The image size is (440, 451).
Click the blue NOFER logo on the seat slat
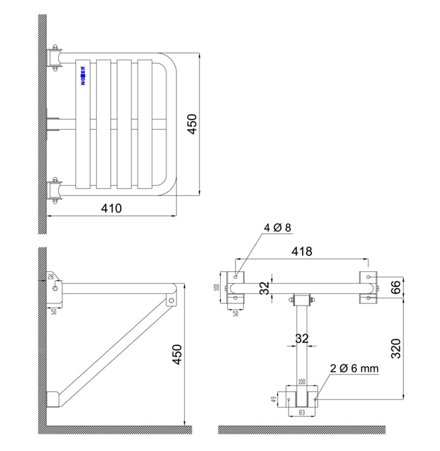point(83,76)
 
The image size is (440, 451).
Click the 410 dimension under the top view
point(111,208)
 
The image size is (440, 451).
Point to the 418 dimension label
point(302,251)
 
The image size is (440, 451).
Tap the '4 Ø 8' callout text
point(277,228)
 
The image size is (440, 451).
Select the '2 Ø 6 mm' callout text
point(354,368)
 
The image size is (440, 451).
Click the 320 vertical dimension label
point(396,349)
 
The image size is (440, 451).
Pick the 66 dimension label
point(396,287)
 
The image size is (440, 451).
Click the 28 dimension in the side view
point(51,277)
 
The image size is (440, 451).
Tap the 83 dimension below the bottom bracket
point(302,413)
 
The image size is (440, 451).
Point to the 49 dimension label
point(274,399)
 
